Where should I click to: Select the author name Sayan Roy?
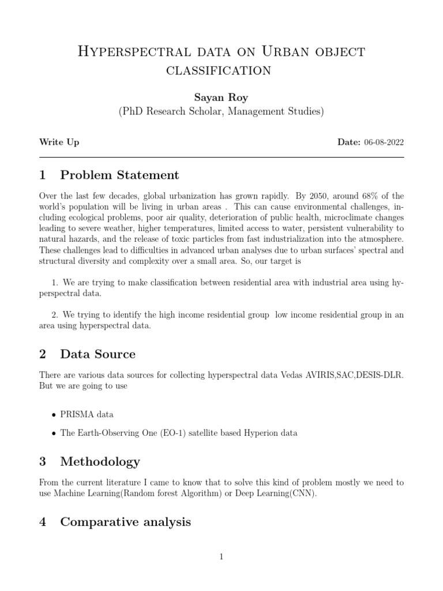tap(221, 98)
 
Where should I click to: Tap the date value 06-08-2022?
tap(384, 142)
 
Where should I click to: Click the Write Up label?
tap(59, 142)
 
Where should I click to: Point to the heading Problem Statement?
tap(119, 175)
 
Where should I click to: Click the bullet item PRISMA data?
tap(87, 414)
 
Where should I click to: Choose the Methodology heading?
tap(100, 461)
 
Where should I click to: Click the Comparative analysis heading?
tap(125, 522)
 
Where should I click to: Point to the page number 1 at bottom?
tap(221, 557)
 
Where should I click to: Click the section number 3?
tap(43, 461)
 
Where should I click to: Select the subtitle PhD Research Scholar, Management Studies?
tap(221, 111)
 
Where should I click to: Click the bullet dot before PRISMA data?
tap(54, 415)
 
